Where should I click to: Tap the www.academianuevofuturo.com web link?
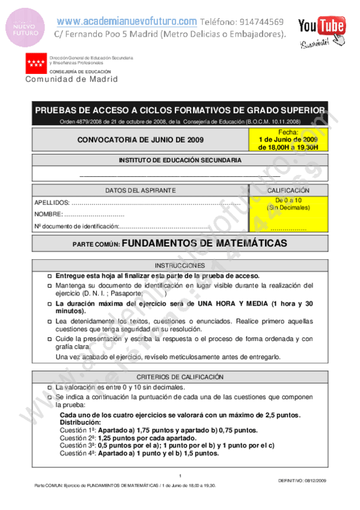tap(127, 22)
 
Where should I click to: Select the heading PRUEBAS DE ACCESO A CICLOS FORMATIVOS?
tap(180, 110)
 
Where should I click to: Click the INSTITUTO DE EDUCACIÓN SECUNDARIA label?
tap(180, 161)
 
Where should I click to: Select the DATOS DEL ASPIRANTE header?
tap(141, 190)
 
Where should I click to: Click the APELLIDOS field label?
tap(52, 203)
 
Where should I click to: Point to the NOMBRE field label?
tap(49, 214)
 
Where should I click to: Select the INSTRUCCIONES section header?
tap(180, 265)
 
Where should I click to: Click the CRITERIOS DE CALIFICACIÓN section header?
tap(180, 376)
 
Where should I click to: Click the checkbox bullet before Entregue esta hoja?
tap(50, 275)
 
